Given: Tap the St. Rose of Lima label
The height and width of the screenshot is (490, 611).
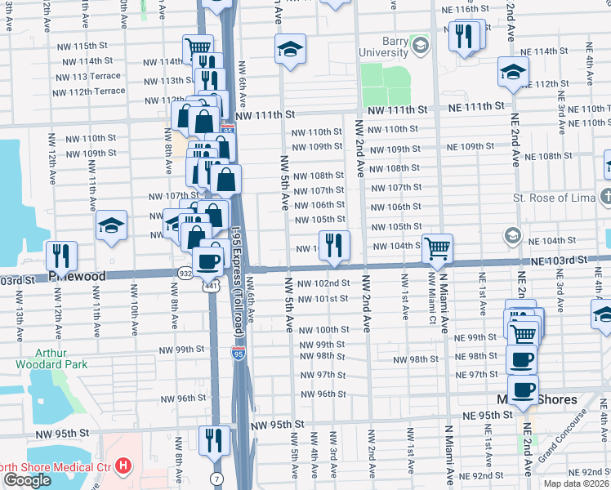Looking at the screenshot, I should tap(552, 198).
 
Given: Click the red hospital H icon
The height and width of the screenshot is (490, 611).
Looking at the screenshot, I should tap(123, 466).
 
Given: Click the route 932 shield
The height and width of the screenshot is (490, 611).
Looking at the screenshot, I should tap(185, 272).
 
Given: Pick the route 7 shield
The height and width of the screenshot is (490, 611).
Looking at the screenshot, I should tap(215, 476).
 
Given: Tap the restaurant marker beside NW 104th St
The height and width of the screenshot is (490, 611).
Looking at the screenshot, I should tap(334, 246).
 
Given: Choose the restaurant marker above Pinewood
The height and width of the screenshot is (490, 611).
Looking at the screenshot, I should tap(60, 255).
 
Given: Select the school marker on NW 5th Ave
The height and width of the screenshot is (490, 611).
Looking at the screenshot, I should tap(290, 50).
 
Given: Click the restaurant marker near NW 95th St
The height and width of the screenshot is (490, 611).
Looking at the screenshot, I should tap(215, 440).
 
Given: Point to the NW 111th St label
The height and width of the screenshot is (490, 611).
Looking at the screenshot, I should tap(265, 118).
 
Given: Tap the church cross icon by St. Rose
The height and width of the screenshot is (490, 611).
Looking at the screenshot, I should tap(604, 197).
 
